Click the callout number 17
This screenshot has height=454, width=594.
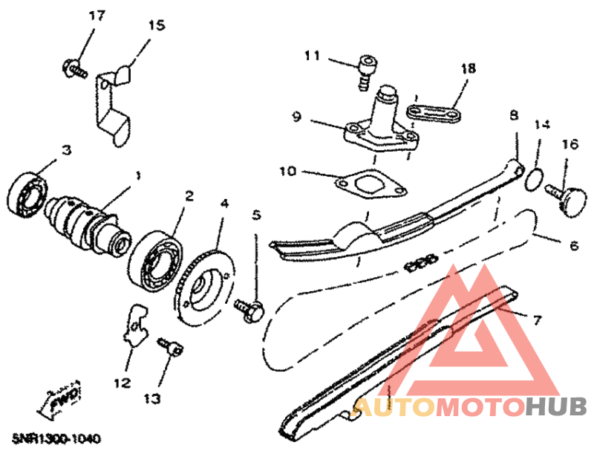[97, 16]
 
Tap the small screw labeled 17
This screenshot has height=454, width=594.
[75, 68]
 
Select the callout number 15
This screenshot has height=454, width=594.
[156, 25]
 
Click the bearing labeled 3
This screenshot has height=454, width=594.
[28, 194]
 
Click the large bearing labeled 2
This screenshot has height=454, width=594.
[155, 259]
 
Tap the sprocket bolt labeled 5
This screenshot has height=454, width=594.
[249, 310]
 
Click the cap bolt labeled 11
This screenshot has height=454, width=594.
[367, 72]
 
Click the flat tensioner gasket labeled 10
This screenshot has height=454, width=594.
[372, 184]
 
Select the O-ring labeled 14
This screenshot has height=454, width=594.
[535, 179]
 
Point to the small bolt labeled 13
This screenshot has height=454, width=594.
[172, 347]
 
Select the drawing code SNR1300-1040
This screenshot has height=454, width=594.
[56, 439]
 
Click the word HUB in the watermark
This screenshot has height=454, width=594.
[556, 407]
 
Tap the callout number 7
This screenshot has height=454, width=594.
[537, 320]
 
